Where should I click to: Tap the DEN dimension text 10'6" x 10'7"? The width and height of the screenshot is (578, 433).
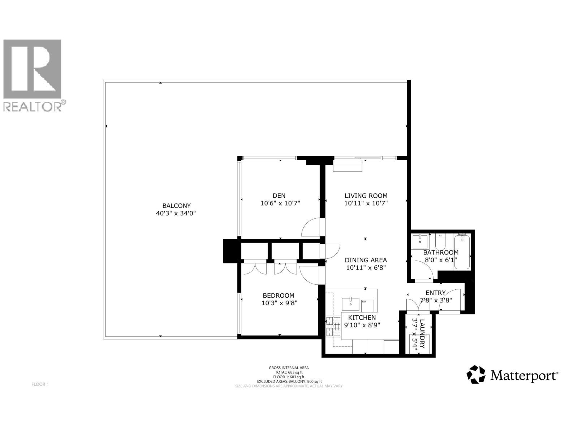click(280, 203)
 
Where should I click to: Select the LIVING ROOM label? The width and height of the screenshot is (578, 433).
click(366, 196)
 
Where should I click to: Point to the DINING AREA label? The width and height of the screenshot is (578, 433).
click(366, 260)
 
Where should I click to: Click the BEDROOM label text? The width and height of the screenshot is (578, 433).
click(278, 295)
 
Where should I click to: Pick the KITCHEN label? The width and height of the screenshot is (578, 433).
click(362, 318)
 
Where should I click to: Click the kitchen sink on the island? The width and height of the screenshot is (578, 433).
click(350, 304)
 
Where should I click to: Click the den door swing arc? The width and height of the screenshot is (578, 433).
click(311, 227)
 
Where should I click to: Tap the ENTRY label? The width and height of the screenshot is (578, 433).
click(435, 293)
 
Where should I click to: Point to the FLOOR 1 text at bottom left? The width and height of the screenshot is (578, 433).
click(40, 384)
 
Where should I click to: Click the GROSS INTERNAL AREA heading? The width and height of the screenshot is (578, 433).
click(289, 368)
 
